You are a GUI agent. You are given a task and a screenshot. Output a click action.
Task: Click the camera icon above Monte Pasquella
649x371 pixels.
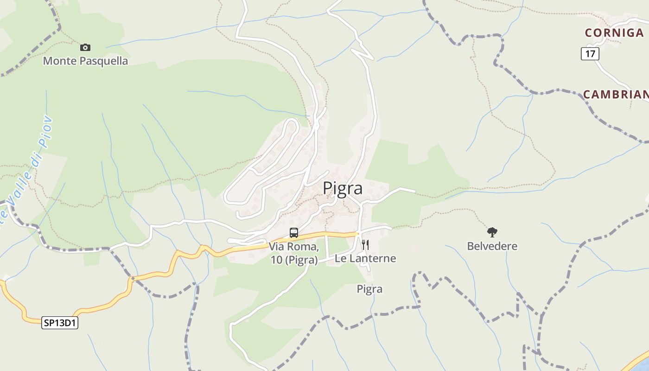click(x=85, y=47)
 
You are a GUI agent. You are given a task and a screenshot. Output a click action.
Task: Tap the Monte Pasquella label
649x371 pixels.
click(x=85, y=61)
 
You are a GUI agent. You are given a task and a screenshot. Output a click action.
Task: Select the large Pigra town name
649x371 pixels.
click(x=343, y=188)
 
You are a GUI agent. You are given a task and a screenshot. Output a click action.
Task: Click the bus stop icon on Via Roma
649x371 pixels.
click(x=294, y=233)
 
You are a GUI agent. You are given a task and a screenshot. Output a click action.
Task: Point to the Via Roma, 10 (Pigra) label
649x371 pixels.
click(x=294, y=253)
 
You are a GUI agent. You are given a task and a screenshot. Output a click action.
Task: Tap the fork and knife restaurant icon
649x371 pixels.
click(x=365, y=245)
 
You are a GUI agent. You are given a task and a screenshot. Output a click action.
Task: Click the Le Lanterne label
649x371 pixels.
click(x=365, y=258)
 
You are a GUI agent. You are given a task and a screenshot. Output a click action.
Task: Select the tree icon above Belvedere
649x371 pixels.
click(x=492, y=232)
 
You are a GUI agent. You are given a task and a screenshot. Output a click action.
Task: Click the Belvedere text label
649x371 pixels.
click(x=492, y=246)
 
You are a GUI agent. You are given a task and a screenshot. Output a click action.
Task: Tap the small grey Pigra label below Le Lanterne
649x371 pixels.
click(x=369, y=289)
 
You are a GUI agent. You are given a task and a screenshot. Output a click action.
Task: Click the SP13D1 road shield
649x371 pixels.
click(x=60, y=323)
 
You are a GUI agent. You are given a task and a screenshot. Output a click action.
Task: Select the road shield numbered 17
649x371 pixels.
click(x=590, y=53)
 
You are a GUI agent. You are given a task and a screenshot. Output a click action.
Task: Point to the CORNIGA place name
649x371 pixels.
click(x=614, y=32)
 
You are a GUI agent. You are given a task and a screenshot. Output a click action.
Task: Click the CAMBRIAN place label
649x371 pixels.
click(x=616, y=95)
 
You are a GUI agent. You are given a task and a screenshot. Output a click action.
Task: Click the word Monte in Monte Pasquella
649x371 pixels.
click(x=58, y=61)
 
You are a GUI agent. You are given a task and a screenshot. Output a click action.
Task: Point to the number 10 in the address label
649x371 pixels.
click(x=276, y=260)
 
